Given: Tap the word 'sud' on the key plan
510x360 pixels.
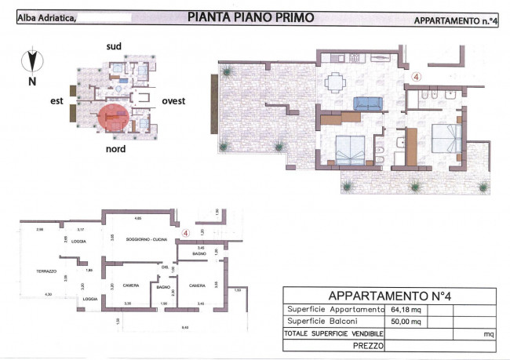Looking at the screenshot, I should pyautogui.click(x=115, y=47).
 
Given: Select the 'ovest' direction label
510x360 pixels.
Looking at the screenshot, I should pyautogui.click(x=173, y=101).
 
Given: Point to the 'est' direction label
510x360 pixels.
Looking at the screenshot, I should pyautogui.click(x=56, y=100).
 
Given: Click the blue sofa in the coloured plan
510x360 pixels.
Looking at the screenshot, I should pyautogui.click(x=366, y=102).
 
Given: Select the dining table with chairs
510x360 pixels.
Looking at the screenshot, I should pyautogui.click(x=335, y=81).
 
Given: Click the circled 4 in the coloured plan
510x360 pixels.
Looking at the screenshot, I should pyautogui.click(x=416, y=78).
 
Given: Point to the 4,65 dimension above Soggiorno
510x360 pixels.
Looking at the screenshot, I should pyautogui.click(x=137, y=217).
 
